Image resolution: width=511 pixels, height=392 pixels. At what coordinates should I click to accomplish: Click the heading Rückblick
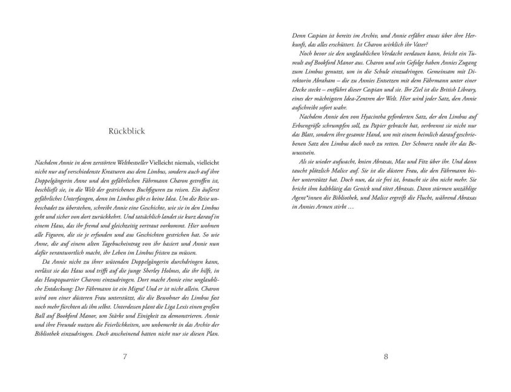pos(125,131)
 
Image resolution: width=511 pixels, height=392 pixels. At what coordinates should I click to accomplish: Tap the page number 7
pos(125,356)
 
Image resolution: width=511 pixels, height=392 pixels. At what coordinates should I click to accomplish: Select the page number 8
pos(386,356)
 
